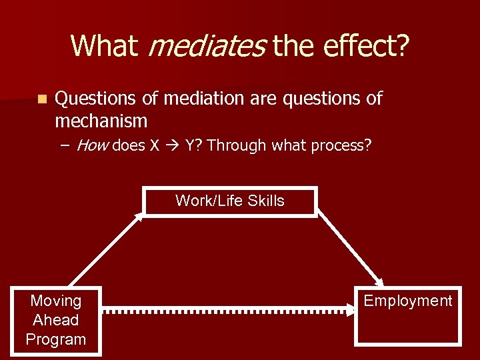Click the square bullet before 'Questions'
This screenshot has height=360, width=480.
point(42,99)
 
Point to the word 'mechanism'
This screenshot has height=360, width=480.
point(101,121)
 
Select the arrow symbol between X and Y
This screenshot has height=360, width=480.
point(172,146)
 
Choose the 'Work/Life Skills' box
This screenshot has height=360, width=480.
point(230,201)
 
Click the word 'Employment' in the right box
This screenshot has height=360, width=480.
point(407,301)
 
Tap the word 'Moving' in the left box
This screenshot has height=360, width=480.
point(56,301)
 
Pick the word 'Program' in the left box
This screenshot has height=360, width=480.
point(56,339)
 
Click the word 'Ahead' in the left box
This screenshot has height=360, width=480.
point(56,320)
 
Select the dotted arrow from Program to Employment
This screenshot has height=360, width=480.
point(227,310)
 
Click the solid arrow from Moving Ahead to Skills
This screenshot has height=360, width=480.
point(105,251)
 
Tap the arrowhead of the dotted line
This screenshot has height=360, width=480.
point(351,310)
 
